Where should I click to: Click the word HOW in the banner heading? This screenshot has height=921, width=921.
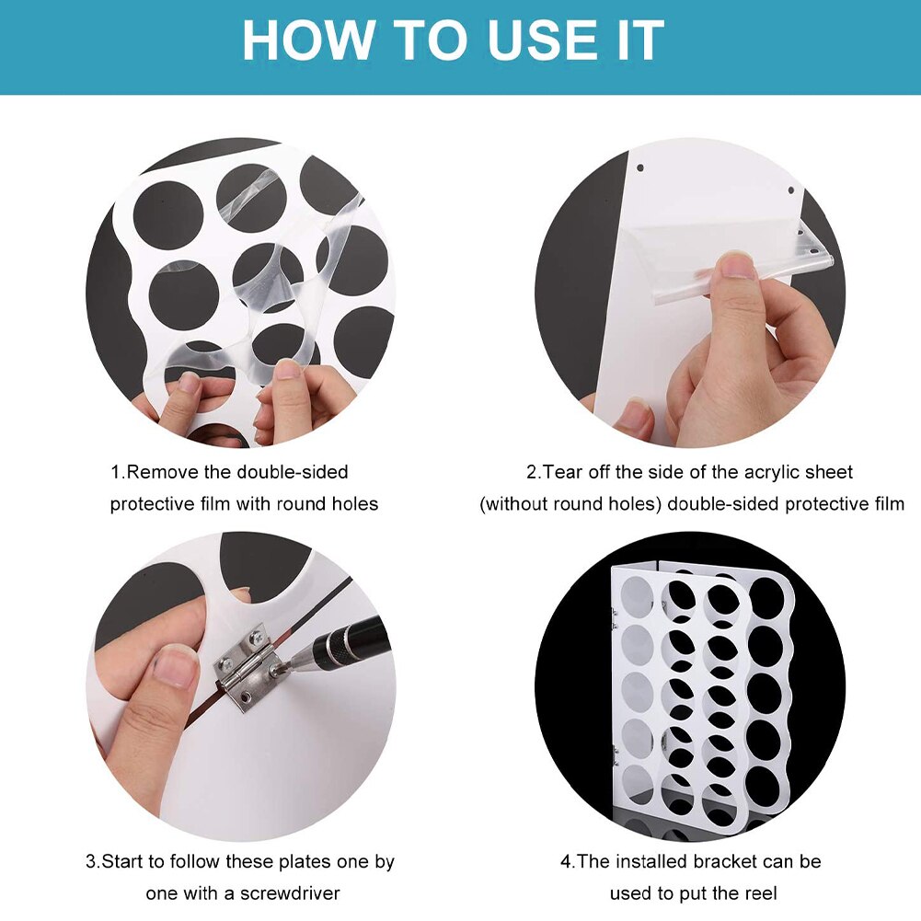click(308, 40)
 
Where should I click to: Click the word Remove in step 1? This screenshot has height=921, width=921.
click(162, 472)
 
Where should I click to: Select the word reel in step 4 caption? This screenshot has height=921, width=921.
click(761, 893)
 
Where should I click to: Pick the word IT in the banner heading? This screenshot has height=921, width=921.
click(643, 40)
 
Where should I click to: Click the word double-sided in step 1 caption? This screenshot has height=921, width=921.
click(293, 472)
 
